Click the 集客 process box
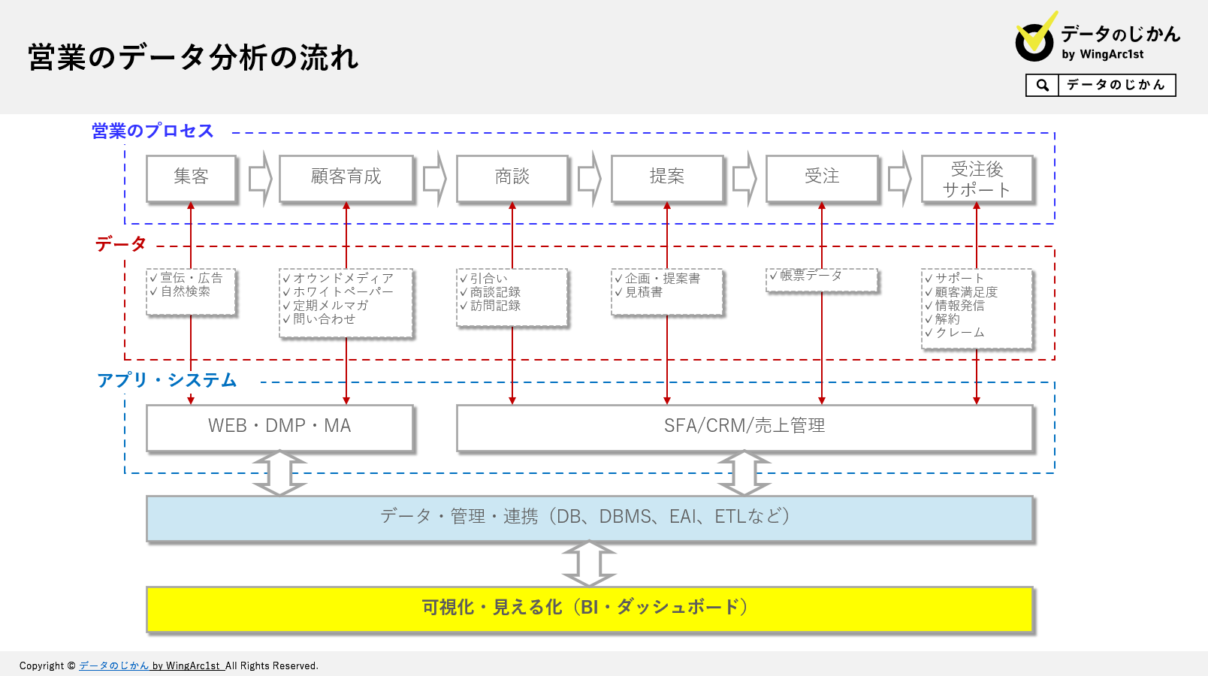pyautogui.click(x=191, y=177)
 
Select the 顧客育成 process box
pyautogui.click(x=346, y=177)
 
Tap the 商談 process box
pyautogui.click(x=512, y=177)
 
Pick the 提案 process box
pyautogui.click(x=667, y=177)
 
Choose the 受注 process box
pyautogui.click(x=822, y=177)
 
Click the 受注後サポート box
pyautogui.click(x=977, y=179)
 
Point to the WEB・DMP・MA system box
pyautogui.click(x=279, y=427)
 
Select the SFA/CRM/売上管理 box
pyautogui.click(x=744, y=427)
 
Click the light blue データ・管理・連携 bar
pyautogui.click(x=589, y=518)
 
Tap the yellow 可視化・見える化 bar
pyautogui.click(x=589, y=608)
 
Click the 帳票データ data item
pyautogui.click(x=811, y=276)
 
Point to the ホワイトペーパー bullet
pyautogui.click(x=343, y=291)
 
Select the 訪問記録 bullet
pyautogui.click(x=495, y=306)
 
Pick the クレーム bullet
pyautogui.click(x=959, y=333)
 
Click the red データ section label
pyautogui.click(x=121, y=244)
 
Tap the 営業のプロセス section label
pyautogui.click(x=153, y=131)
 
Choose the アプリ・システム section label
pyautogui.click(x=167, y=381)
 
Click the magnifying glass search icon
pyautogui.click(x=1042, y=86)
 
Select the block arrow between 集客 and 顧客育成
pyautogui.click(x=260, y=179)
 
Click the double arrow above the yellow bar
pyautogui.click(x=589, y=563)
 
